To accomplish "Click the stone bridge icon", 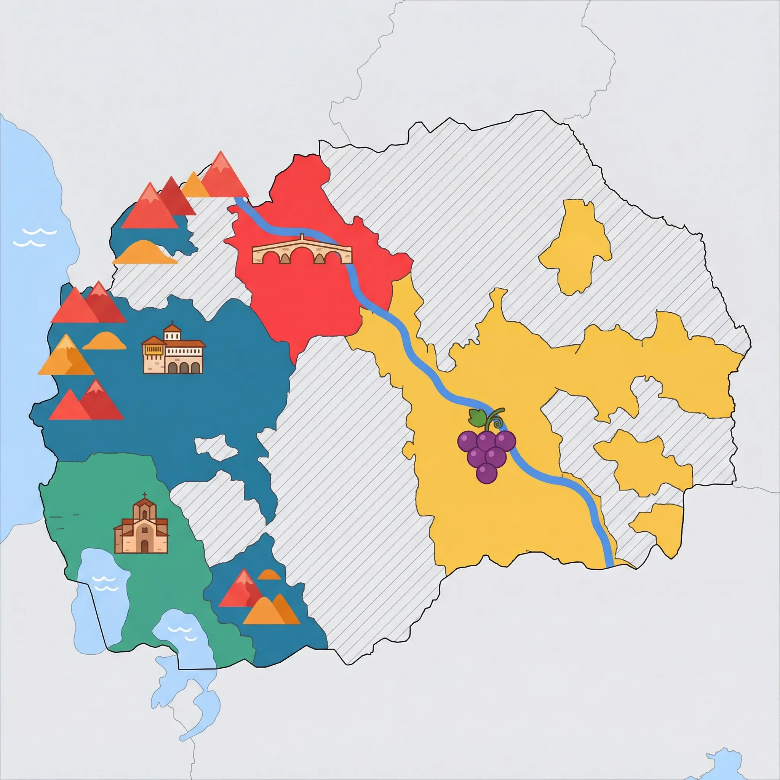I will pyautogui.click(x=302, y=251).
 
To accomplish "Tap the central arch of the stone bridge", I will pyautogui.click(x=302, y=256).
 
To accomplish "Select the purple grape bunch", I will pyautogui.click(x=486, y=452).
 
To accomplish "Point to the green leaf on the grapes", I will pyautogui.click(x=478, y=417).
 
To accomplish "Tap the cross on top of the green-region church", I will pyautogui.click(x=144, y=496).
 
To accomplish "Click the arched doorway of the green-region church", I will pyautogui.click(x=144, y=546).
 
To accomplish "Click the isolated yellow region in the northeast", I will pyautogui.click(x=575, y=246).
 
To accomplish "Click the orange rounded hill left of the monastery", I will pyautogui.click(x=104, y=341).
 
